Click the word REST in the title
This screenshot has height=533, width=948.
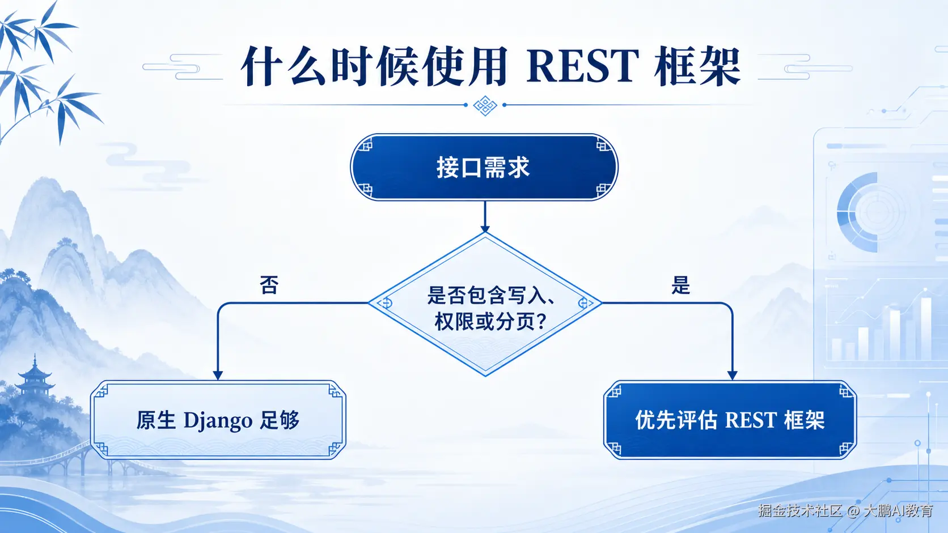click(582, 66)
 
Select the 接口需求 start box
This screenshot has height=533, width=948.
click(484, 167)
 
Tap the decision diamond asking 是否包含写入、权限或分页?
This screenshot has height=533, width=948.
click(485, 304)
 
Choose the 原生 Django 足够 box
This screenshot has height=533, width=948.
click(218, 420)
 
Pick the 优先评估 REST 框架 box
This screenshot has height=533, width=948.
click(730, 420)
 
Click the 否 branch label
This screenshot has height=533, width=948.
click(269, 285)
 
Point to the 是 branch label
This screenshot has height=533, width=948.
click(680, 285)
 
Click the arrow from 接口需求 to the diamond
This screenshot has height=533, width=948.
click(485, 216)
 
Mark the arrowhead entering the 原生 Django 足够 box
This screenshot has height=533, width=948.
click(218, 376)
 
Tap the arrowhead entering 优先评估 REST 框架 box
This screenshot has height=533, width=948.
click(733, 376)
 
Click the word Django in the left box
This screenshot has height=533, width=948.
click(218, 421)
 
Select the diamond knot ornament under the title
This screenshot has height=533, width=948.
click(485, 105)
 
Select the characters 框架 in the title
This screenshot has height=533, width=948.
click(697, 66)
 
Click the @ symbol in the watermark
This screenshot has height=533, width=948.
click(853, 511)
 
